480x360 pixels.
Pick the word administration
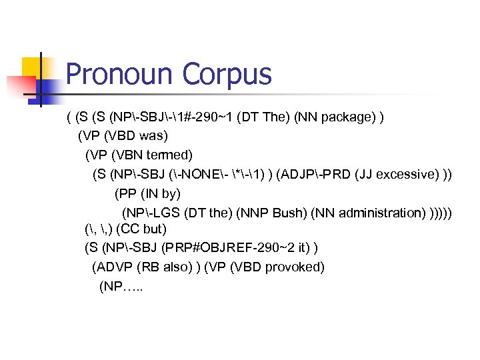(x=381, y=213)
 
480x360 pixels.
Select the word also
(x=177, y=267)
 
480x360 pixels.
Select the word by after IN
(x=171, y=193)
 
